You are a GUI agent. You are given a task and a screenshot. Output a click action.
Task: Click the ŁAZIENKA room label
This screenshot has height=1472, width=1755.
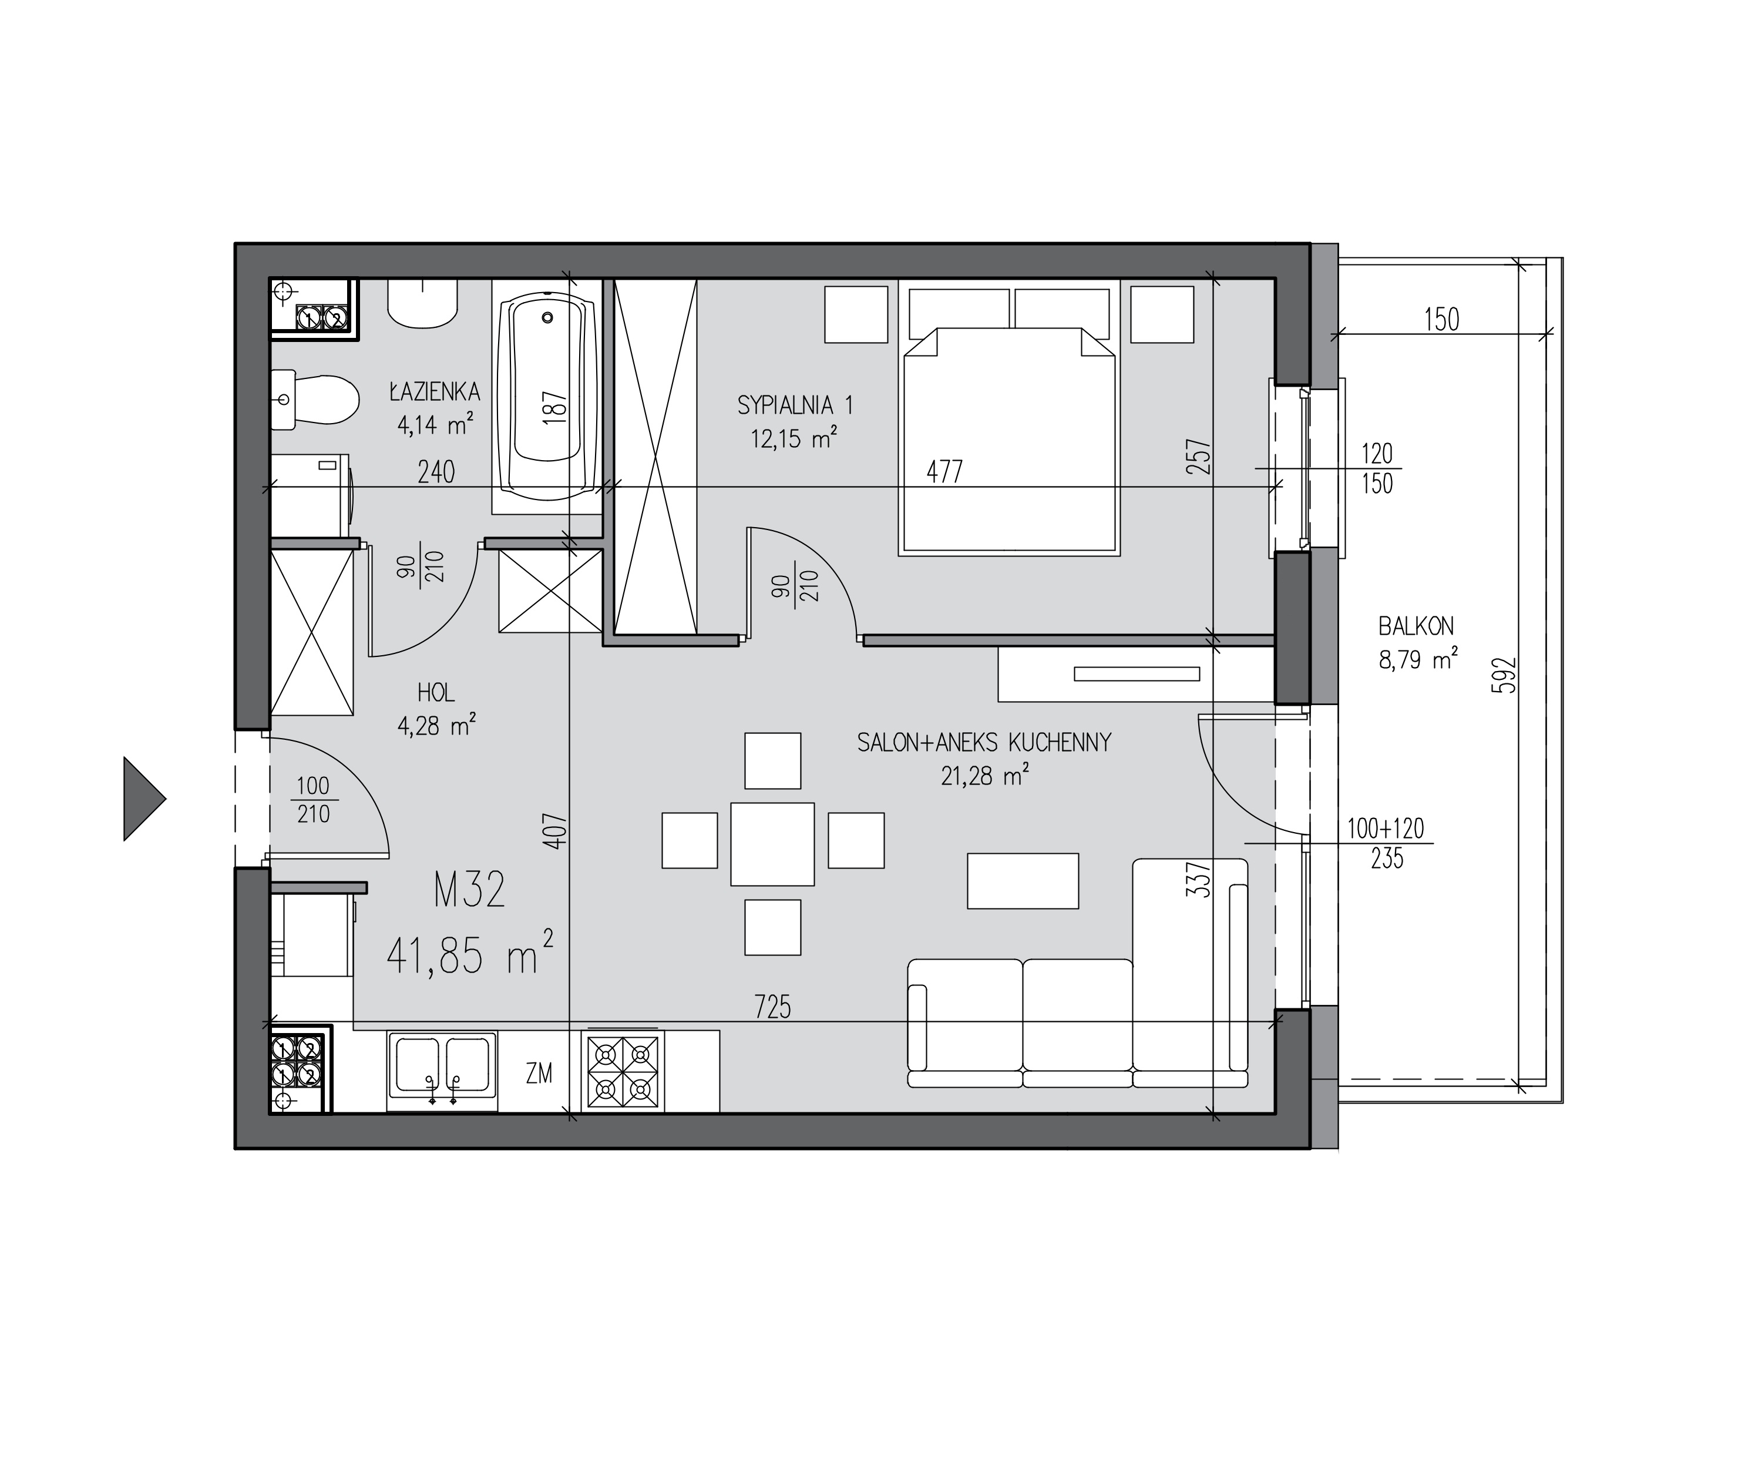(x=435, y=391)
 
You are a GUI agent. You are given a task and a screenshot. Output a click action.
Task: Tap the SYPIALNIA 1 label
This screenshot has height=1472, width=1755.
(x=795, y=405)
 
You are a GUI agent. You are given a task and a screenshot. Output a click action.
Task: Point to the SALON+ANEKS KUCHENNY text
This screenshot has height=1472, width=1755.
(x=984, y=742)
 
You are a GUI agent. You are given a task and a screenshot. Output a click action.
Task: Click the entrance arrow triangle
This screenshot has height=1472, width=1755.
(x=144, y=798)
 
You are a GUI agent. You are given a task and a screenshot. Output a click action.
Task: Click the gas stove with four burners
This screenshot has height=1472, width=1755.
(x=623, y=1071)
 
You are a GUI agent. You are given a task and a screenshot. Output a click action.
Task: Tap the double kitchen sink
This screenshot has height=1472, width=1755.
(x=442, y=1071)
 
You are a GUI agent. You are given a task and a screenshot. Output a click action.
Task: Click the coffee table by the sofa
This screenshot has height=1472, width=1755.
(x=1023, y=880)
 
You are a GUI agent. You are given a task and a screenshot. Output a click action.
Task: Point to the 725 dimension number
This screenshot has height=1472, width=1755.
(x=772, y=1007)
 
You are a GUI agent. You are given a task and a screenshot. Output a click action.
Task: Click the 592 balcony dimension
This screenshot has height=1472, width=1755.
(x=1504, y=675)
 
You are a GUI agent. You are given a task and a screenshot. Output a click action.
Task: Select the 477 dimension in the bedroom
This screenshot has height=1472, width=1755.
(x=945, y=472)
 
